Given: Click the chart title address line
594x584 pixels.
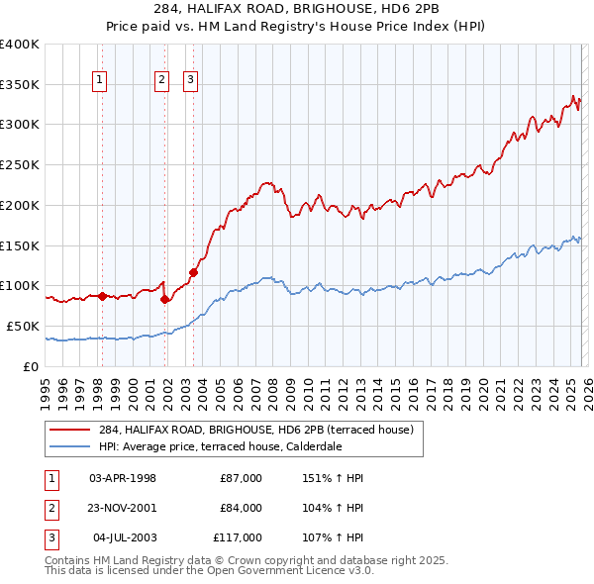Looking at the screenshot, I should click(296, 9).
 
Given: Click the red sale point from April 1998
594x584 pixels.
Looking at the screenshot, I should click(101, 295).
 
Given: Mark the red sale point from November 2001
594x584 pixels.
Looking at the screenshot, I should click(164, 298).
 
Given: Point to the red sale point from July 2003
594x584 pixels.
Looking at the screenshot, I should click(193, 271).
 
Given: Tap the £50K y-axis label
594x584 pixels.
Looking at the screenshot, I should click(23, 326).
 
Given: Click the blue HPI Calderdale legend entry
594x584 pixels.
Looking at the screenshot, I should click(234, 446).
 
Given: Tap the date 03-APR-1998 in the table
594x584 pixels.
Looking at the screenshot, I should click(123, 478).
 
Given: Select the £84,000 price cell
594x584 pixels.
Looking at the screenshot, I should click(242, 508).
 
